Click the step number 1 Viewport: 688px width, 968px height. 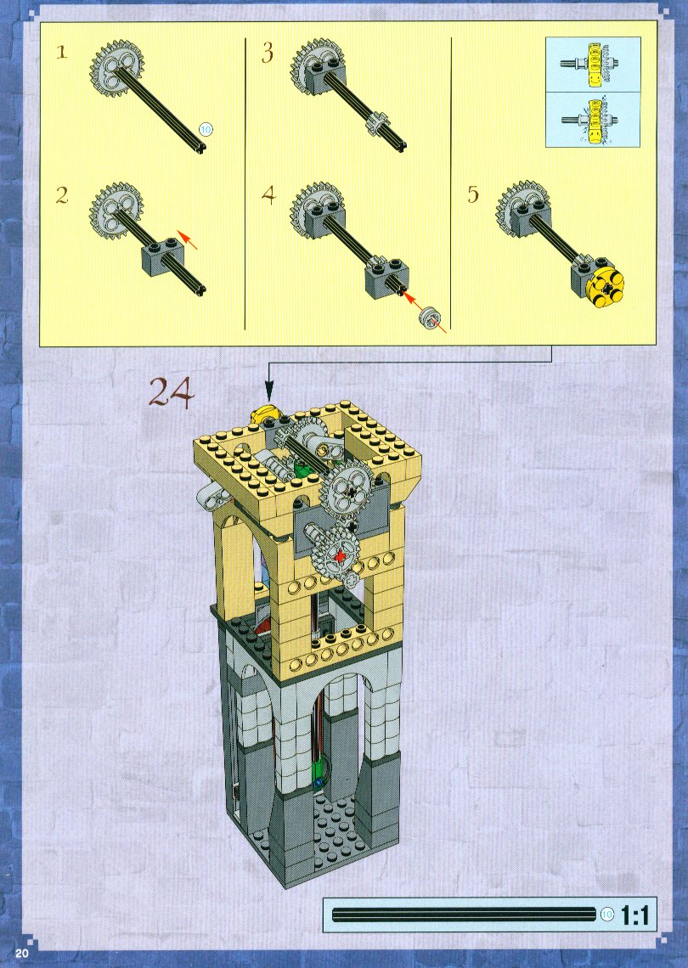(x=61, y=52)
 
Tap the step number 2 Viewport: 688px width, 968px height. (x=62, y=195)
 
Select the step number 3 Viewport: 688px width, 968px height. (x=267, y=53)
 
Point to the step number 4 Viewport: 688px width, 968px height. (x=268, y=195)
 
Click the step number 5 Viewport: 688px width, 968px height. (x=473, y=194)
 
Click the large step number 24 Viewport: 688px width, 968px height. (x=171, y=391)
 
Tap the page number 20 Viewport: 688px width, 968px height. (x=22, y=953)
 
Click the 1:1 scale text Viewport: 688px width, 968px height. (x=634, y=915)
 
